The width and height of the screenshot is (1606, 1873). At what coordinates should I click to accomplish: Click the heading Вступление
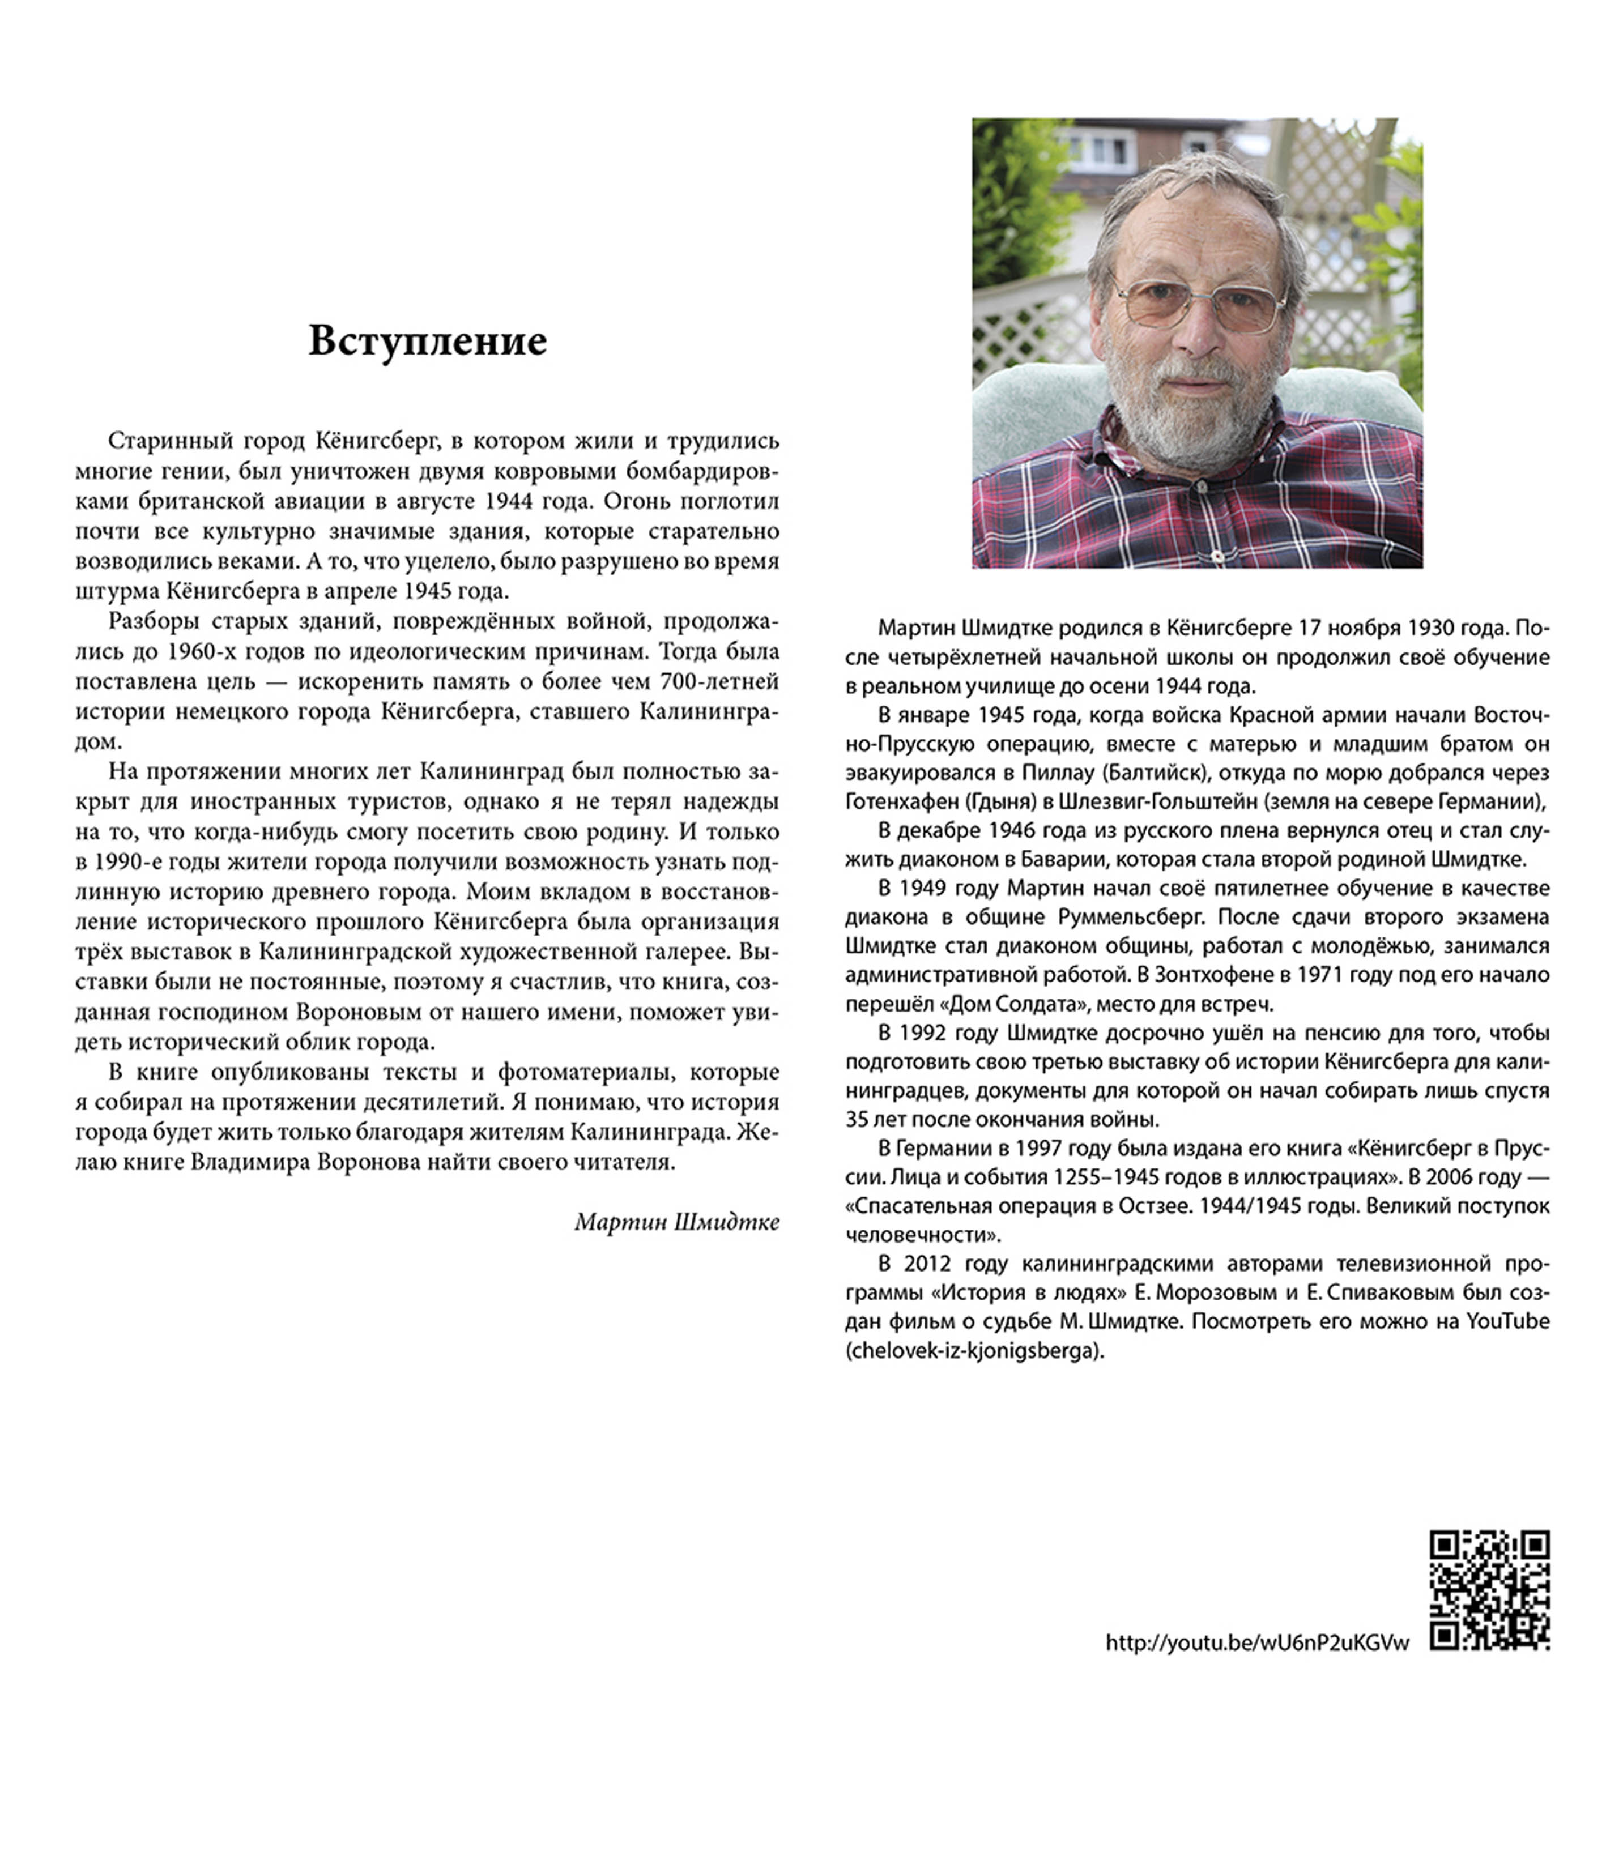click(x=428, y=342)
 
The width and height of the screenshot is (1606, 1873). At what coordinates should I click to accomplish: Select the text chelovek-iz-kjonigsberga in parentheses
click(x=975, y=1350)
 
